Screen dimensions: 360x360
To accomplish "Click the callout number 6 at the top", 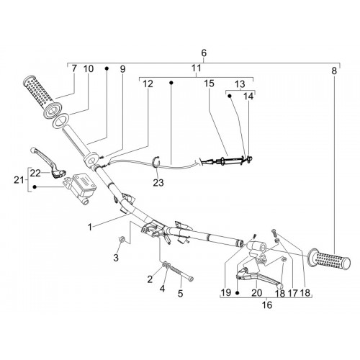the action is tap(204, 53).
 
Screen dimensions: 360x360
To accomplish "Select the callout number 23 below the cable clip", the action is tap(158, 183).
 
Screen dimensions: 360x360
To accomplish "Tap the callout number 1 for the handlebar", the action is tap(90, 227).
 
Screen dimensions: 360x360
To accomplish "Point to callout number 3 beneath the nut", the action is tap(116, 258).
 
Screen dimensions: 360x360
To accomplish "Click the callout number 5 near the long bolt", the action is tap(180, 293).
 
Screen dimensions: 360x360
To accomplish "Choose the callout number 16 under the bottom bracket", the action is tap(267, 305).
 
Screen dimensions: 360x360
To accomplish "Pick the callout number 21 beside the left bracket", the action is tap(19, 180).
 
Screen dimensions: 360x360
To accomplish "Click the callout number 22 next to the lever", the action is tap(35, 173).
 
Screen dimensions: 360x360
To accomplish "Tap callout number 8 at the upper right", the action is tap(334, 71).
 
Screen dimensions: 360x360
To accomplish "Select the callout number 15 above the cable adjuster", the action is tap(209, 84).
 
